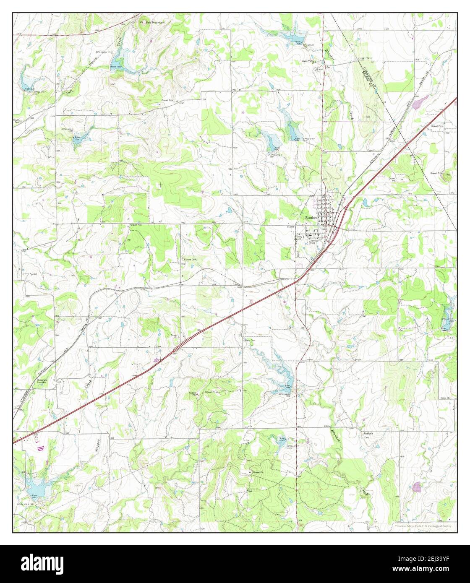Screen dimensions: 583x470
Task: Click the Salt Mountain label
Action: (155, 22)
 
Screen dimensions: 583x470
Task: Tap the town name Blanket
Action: (311, 218)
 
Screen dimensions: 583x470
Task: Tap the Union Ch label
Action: (445, 398)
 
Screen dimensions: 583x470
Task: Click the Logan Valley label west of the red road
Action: (308, 61)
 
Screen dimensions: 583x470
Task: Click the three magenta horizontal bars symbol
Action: (41, 448)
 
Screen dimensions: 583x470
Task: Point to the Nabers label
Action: (193, 393)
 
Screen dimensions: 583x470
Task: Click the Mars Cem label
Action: (250, 340)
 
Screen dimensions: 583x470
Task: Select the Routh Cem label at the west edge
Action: (17, 121)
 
